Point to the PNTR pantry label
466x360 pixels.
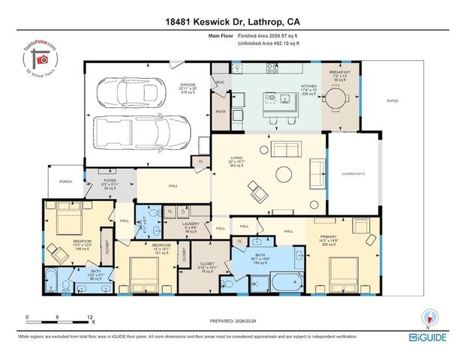[x=221, y=111]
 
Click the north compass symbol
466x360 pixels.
[x=430, y=317]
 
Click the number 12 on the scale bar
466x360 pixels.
[x=90, y=318]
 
